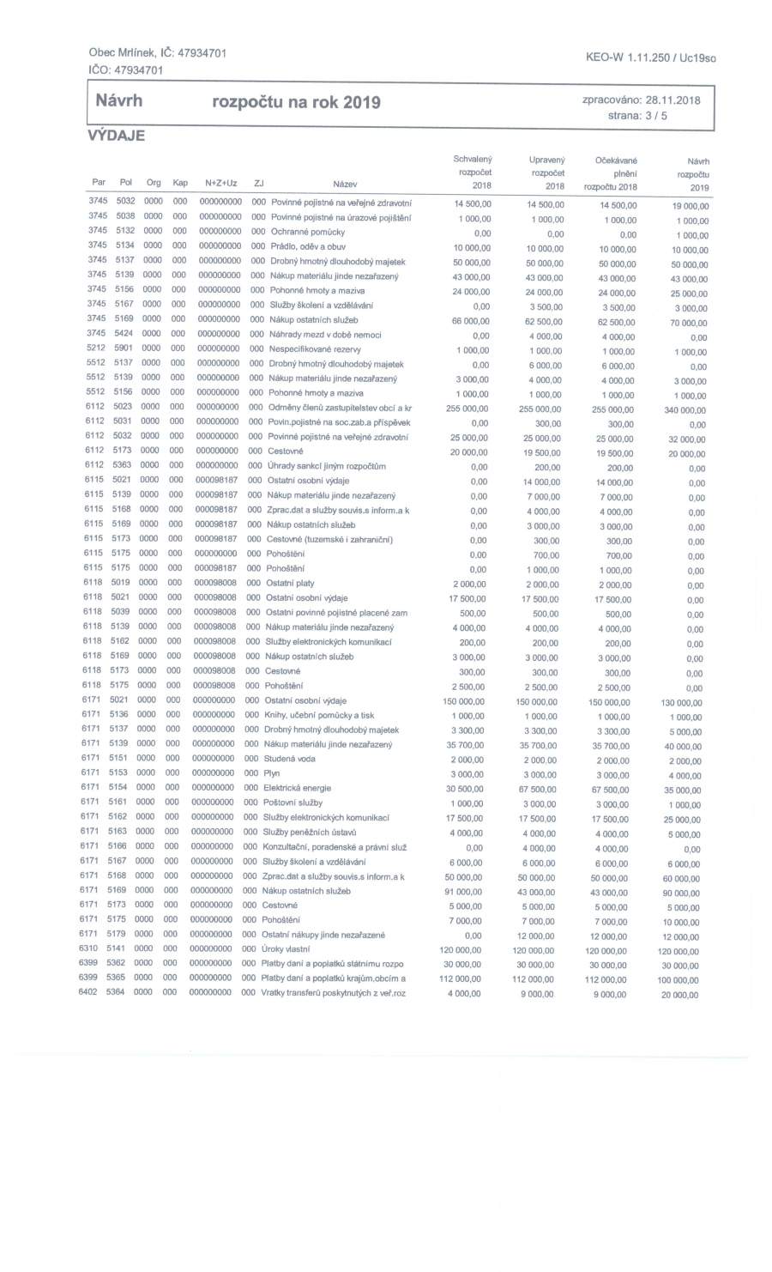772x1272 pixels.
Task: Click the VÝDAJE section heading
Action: pos(115,136)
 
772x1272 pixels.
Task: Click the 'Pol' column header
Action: pos(126,183)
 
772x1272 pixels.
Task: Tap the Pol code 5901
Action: pos(124,349)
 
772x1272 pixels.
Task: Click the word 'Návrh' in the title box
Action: pos(118,102)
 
